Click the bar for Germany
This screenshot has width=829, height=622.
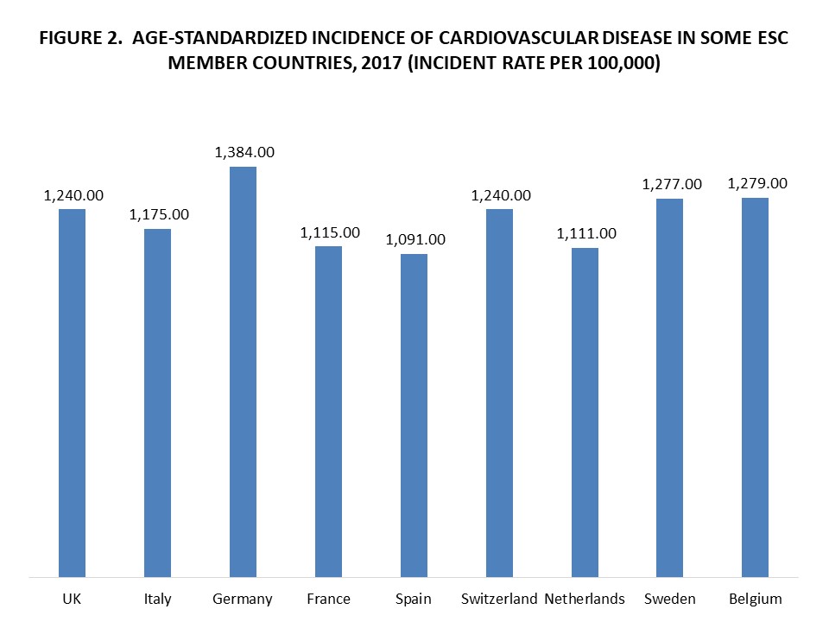click(243, 371)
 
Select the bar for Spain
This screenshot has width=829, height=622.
click(414, 415)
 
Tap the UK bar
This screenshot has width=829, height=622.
click(72, 393)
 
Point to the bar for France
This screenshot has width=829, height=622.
click(328, 411)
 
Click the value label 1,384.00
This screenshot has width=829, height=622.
click(244, 152)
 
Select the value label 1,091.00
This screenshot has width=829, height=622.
click(414, 239)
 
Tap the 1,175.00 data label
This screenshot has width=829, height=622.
click(158, 214)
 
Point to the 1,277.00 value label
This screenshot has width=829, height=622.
click(671, 184)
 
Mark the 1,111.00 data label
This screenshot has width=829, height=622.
click(585, 233)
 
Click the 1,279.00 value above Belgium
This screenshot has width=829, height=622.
click(756, 183)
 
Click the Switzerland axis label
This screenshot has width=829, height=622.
click(499, 599)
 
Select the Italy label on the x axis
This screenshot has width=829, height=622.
click(157, 599)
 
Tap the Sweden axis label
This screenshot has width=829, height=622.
click(670, 599)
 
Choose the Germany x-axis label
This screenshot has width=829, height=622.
click(243, 599)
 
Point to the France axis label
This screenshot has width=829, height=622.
click(328, 599)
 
